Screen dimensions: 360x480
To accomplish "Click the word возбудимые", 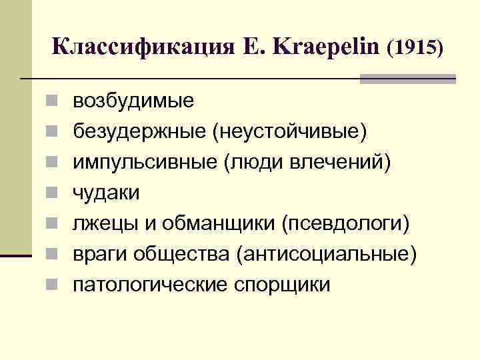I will [x=133, y=101].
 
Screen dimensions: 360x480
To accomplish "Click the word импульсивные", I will [x=145, y=162].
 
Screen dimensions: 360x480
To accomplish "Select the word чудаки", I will [x=107, y=193].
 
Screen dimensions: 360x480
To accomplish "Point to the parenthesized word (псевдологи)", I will [x=345, y=223].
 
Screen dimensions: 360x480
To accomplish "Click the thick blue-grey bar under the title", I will [x=407, y=79].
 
